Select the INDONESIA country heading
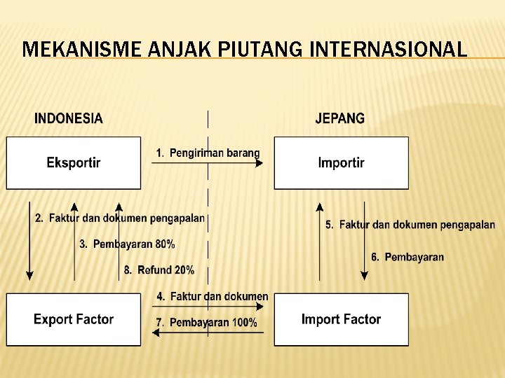[69, 118]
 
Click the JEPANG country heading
[340, 118]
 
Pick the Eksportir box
[74, 163]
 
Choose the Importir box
[341, 163]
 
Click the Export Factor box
[74, 319]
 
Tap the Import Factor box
[341, 319]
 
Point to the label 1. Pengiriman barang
[208, 153]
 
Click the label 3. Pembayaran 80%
[127, 244]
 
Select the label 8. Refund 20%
[159, 269]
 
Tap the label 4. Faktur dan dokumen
[213, 296]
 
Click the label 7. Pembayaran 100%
[207, 323]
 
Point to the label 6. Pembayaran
[408, 257]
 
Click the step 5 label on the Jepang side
[410, 225]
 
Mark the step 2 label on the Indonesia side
[120, 218]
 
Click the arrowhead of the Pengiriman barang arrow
[260, 164]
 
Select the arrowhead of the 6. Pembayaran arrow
[364, 276]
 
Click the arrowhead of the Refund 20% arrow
[119, 207]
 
